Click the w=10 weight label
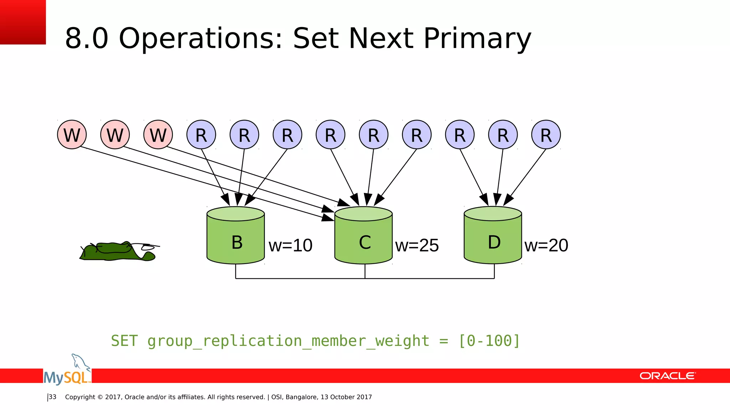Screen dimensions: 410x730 tap(291, 246)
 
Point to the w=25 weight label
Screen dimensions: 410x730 tap(417, 246)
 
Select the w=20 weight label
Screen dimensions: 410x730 tap(546, 246)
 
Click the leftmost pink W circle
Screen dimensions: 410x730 tap(72, 135)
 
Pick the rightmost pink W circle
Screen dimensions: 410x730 tap(158, 135)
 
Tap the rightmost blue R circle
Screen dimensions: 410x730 tap(546, 135)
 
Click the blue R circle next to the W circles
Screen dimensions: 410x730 tap(201, 135)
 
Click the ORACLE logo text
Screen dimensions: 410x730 tap(667, 376)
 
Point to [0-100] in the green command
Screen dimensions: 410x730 tap(489, 341)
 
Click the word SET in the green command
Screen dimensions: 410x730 tap(124, 341)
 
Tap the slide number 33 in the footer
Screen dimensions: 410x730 tap(52, 397)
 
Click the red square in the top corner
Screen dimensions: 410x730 tap(23, 22)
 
